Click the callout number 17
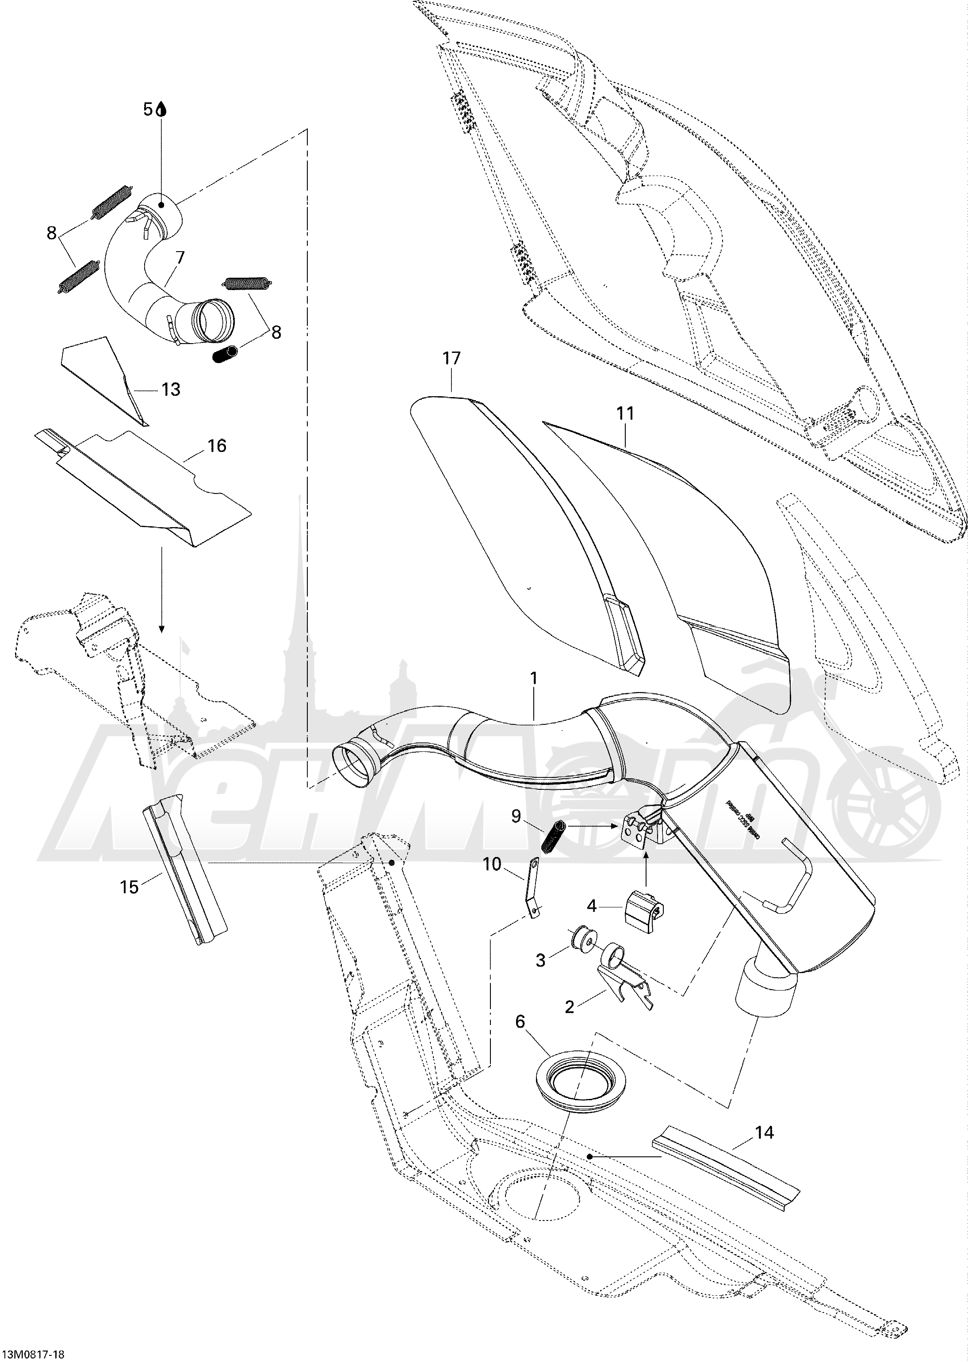click(451, 358)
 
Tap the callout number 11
click(625, 413)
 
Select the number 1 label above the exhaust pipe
click(534, 678)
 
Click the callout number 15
click(129, 887)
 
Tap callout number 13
click(171, 389)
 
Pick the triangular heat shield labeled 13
click(104, 377)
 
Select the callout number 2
click(569, 1007)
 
